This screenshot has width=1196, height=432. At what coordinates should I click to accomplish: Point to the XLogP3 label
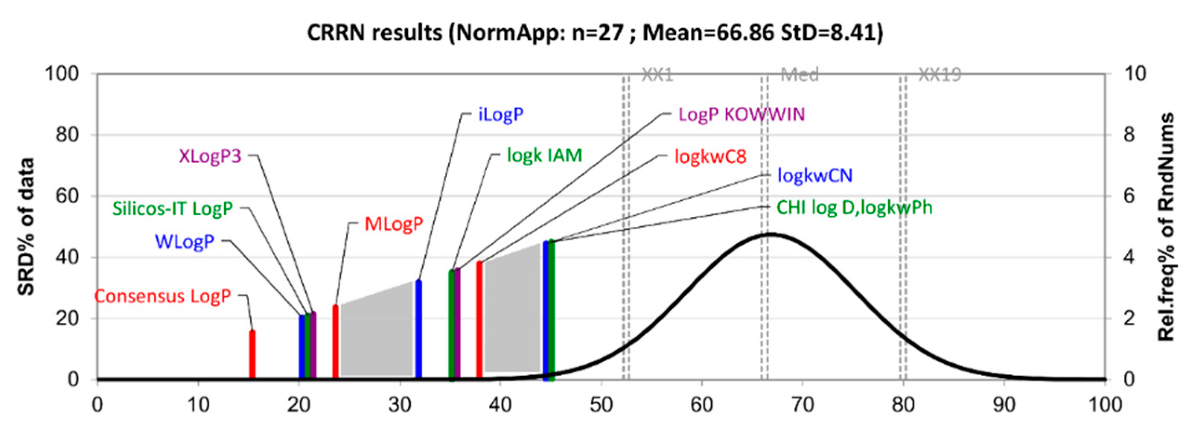(210, 156)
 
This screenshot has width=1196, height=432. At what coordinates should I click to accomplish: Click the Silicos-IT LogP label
(172, 209)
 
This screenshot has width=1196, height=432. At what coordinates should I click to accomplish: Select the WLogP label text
(185, 241)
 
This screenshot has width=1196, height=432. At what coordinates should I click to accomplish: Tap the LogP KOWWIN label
(741, 114)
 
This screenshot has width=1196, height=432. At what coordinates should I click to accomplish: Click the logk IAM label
(544, 155)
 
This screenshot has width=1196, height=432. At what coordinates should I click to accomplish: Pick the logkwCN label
(815, 176)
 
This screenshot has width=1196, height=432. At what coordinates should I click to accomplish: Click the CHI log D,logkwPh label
(854, 207)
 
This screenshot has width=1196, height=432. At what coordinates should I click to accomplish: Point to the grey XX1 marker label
(657, 74)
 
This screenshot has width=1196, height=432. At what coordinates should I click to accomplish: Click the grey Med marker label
(799, 74)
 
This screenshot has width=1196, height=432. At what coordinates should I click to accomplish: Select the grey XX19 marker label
(939, 74)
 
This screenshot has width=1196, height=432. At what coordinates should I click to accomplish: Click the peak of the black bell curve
(771, 234)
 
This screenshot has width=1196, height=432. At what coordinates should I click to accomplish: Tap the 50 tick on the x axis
(601, 405)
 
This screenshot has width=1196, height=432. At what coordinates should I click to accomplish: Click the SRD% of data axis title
(26, 226)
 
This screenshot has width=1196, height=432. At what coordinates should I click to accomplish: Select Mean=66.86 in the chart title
(709, 33)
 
